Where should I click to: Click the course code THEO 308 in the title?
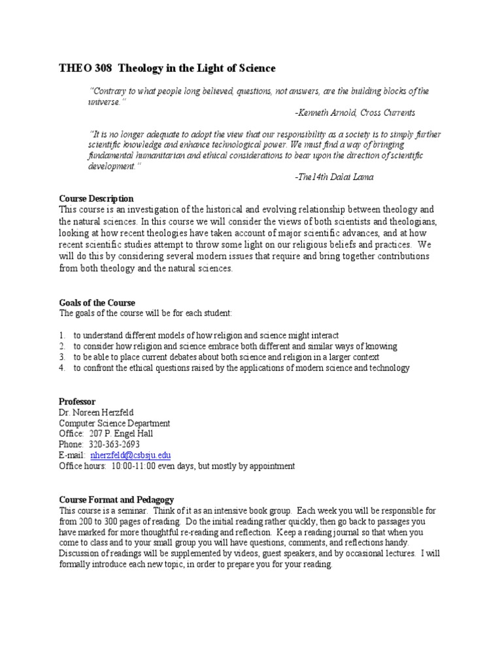80,68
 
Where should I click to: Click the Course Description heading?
96,198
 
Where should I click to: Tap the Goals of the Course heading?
97,303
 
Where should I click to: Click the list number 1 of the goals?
61,335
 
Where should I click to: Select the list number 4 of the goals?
61,368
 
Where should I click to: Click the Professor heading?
77,401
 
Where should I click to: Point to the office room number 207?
97,434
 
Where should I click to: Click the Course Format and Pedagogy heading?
116,499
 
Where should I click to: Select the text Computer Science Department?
114,423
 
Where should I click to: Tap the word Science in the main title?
257,68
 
